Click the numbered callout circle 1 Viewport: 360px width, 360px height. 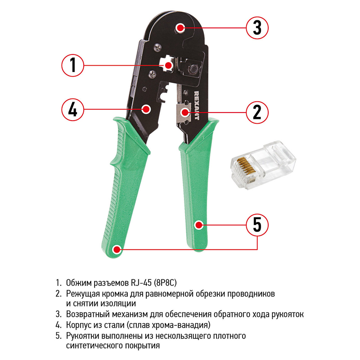click(x=72, y=65)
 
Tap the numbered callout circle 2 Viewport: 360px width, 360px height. click(x=257, y=112)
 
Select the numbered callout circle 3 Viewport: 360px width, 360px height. click(x=257, y=28)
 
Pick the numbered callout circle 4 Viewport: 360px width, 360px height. click(x=72, y=109)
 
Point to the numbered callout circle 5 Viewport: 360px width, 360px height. click(x=257, y=225)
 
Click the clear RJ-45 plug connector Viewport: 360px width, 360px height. click(x=263, y=164)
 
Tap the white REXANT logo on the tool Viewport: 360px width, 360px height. click(x=197, y=106)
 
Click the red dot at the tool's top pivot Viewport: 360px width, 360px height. click(x=180, y=28)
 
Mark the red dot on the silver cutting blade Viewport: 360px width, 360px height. click(x=184, y=112)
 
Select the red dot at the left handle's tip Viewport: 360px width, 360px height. click(x=117, y=249)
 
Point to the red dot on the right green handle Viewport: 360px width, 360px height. click(x=198, y=225)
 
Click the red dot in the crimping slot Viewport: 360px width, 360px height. click(x=168, y=65)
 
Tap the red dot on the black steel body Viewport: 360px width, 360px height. click(x=146, y=109)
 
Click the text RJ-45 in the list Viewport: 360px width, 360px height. click(x=141, y=283)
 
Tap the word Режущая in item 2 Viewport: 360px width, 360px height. click(x=82, y=294)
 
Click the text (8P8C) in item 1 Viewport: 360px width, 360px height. click(x=165, y=283)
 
